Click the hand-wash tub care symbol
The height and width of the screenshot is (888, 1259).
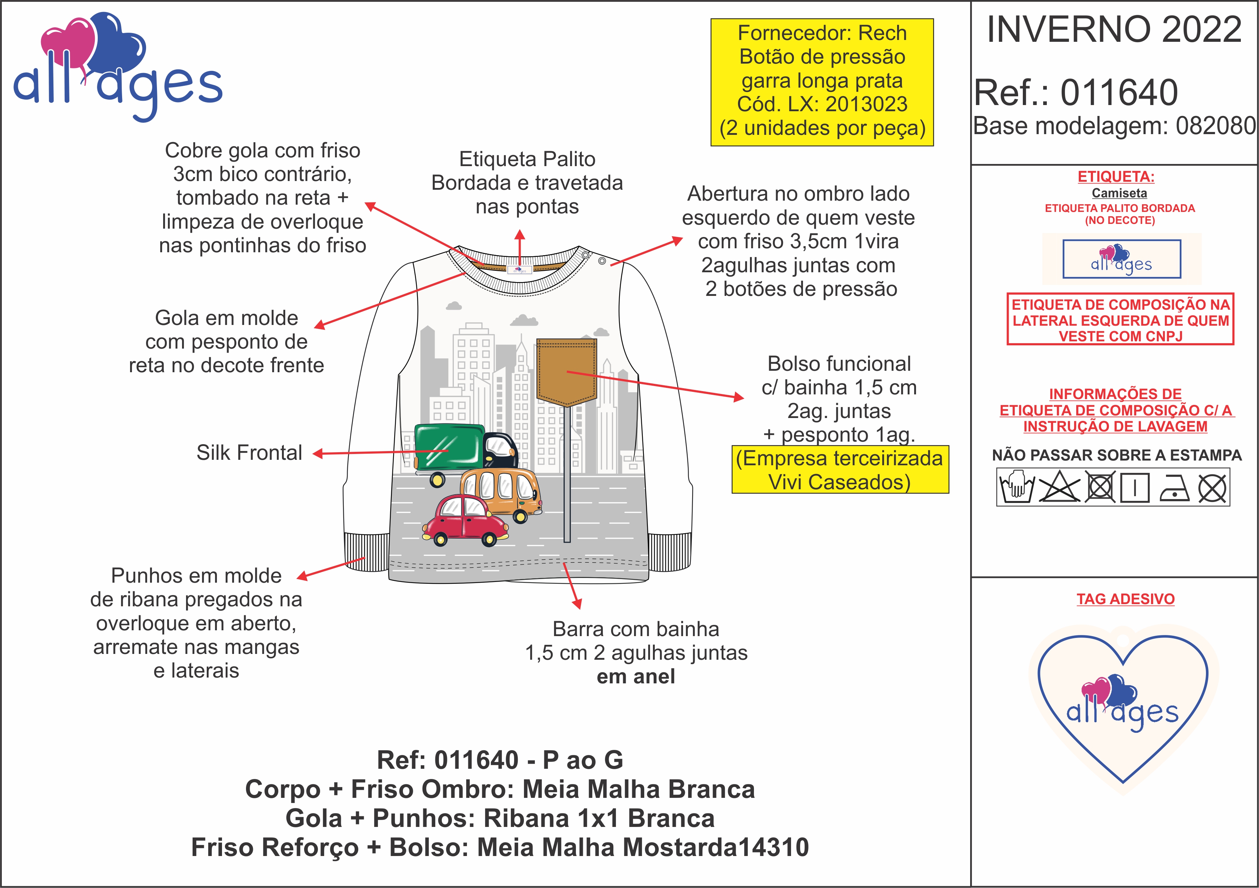pos(1016,487)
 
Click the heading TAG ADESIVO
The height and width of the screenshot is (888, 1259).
pos(1125,599)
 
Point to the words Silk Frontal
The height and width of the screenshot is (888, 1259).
pos(250,453)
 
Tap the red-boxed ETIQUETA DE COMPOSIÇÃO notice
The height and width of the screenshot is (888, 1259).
pos(1120,320)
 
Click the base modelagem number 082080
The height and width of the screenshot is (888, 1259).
pos(1215,126)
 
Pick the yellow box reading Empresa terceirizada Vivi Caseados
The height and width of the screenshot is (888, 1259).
pos(840,470)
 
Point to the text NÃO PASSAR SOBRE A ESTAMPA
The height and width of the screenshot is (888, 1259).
pos(1117,455)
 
